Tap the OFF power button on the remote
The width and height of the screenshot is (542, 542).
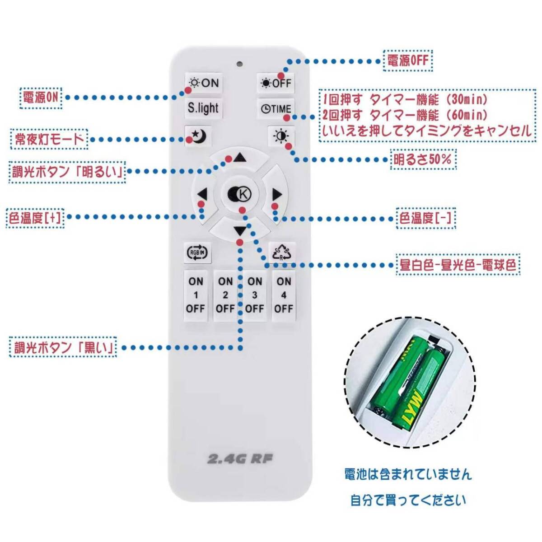point(275,83)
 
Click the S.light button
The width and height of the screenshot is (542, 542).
point(203,108)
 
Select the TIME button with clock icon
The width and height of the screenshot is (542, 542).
point(276,109)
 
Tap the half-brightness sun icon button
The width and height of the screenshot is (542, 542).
point(281,136)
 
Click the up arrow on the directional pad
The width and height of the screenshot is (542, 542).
point(239,158)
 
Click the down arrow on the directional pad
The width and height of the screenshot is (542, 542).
point(240,231)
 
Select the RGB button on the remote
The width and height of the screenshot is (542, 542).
point(197,253)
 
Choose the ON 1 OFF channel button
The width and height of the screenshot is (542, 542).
point(196,295)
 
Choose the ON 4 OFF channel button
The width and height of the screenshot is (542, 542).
point(284,295)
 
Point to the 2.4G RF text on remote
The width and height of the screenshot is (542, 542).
point(240,459)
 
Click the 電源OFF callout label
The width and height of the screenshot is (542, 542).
point(408,61)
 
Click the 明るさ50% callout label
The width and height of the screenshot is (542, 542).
point(422,159)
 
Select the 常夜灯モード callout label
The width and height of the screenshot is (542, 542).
point(49,139)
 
